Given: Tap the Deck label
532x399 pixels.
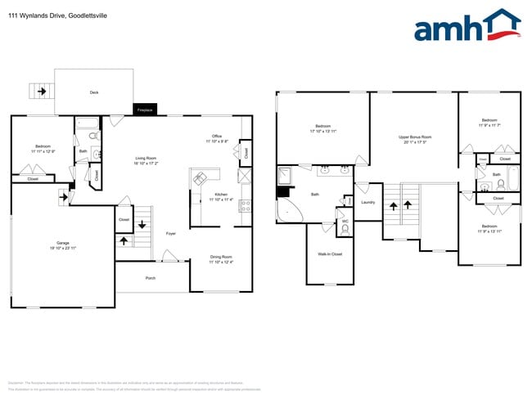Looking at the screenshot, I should click(94, 92).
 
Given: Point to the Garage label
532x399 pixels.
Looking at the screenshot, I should click(62, 243).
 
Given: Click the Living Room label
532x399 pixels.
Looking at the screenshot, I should click(146, 158).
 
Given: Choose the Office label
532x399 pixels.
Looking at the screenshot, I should click(217, 137).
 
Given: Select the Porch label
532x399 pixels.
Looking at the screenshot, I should click(151, 278).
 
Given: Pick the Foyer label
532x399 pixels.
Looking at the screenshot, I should click(170, 234).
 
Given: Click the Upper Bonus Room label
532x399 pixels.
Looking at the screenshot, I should click(415, 137).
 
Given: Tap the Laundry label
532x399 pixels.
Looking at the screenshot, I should click(367, 202).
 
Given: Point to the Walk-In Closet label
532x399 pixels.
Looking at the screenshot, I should click(330, 254).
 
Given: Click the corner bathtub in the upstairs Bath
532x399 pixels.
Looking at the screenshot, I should click(289, 212).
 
